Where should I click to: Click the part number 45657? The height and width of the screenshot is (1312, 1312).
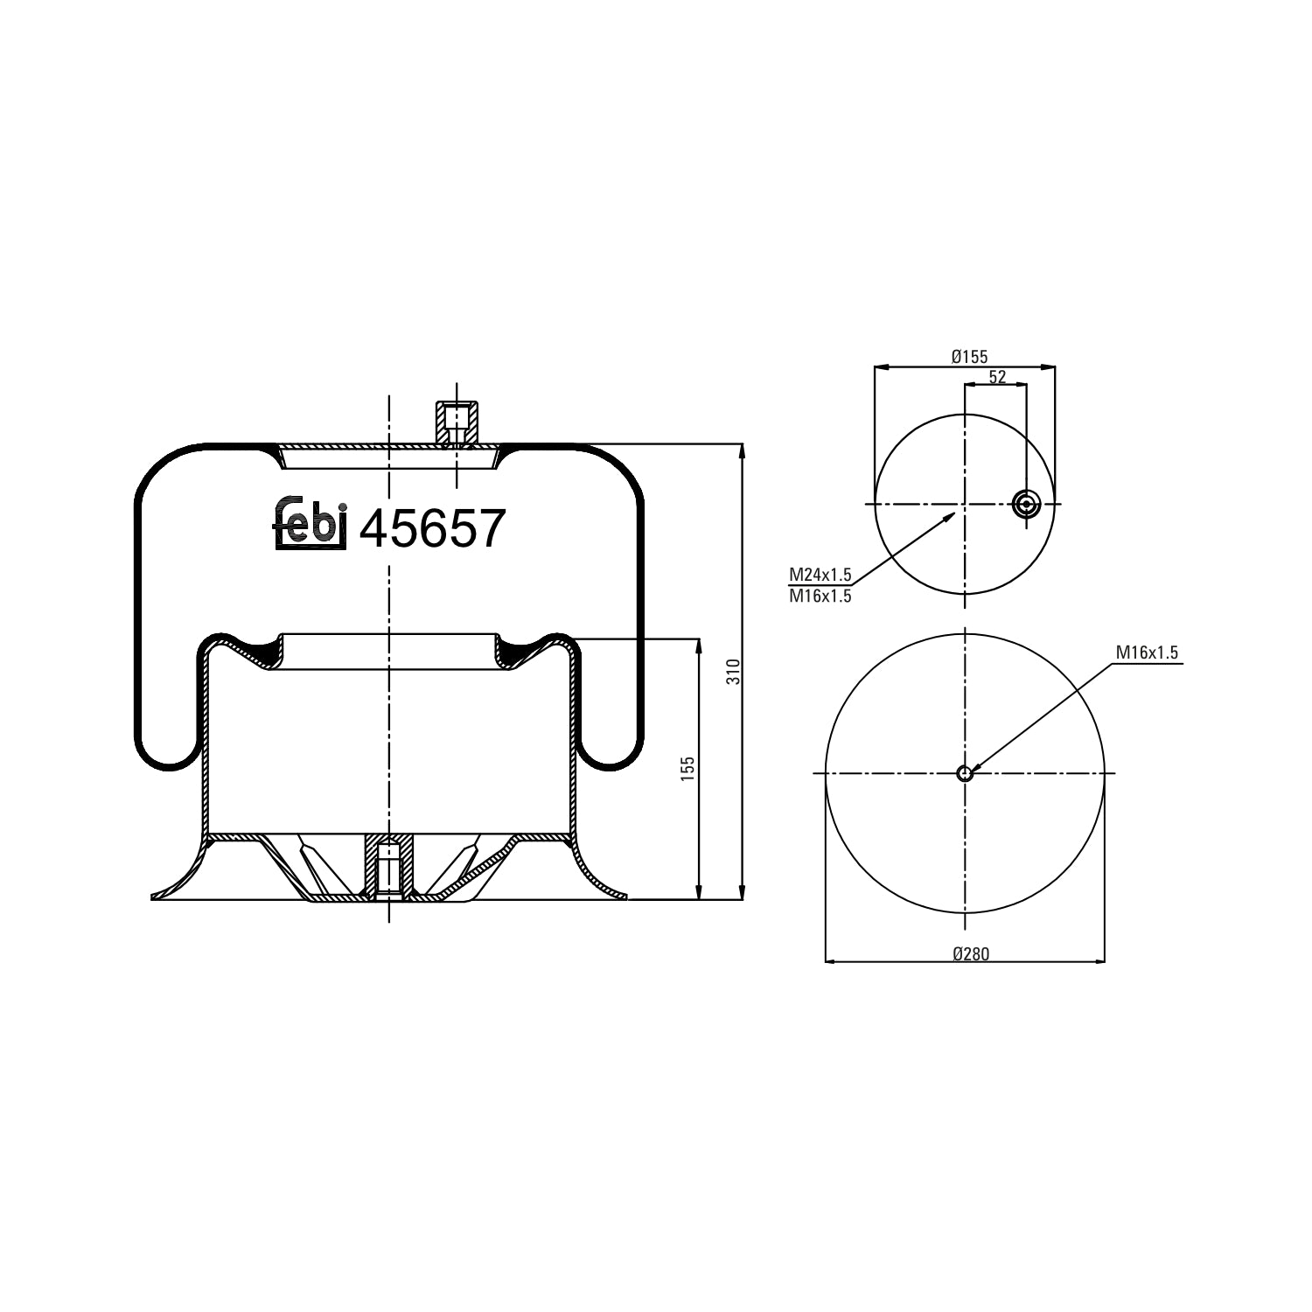tap(433, 529)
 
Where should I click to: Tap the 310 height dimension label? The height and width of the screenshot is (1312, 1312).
tap(734, 671)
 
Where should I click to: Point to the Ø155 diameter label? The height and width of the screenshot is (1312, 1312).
tap(969, 356)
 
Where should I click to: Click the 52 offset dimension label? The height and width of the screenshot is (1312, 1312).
tap(997, 377)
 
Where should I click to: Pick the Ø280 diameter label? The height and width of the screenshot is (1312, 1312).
tap(971, 953)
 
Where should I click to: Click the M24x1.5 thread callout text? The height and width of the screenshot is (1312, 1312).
tap(820, 575)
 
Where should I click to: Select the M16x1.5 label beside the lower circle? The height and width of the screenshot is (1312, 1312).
tap(1148, 653)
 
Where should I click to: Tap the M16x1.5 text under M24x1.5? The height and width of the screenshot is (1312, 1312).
tap(820, 597)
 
